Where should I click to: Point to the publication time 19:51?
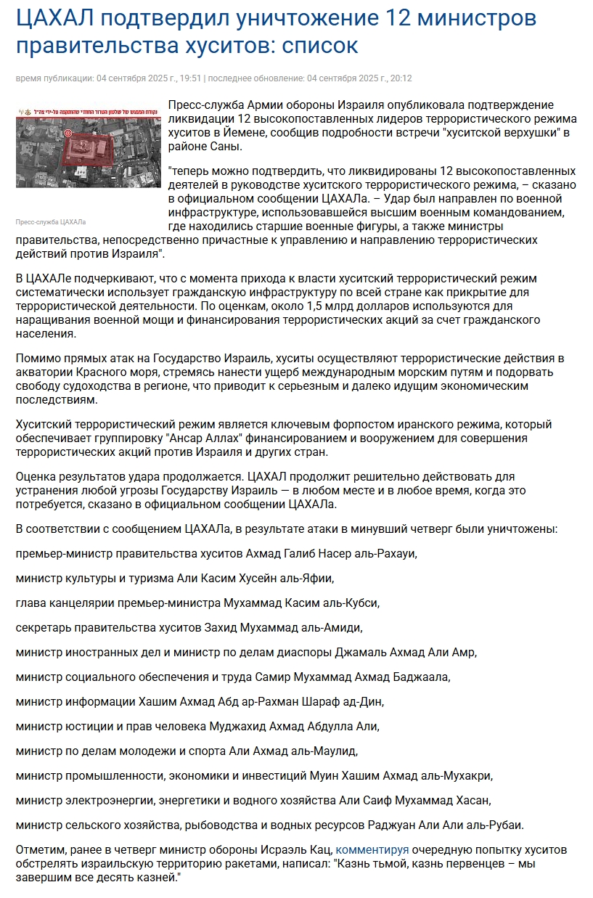coord(190,78)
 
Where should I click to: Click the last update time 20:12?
coord(400,78)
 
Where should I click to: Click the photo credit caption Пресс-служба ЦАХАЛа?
coord(51,222)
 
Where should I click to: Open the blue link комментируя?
coord(372,849)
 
